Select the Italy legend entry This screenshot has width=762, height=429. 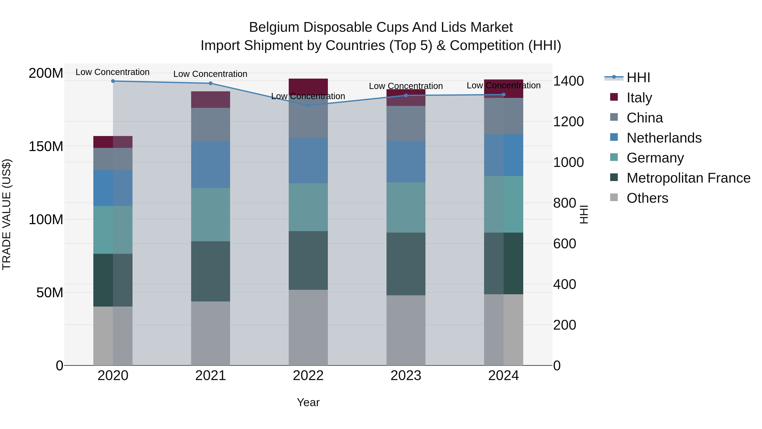(x=639, y=98)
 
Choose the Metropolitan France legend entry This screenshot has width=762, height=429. (x=688, y=178)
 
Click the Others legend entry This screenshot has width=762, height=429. (x=647, y=198)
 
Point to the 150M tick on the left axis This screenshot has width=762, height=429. (x=46, y=146)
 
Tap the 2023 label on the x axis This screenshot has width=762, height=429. (x=406, y=375)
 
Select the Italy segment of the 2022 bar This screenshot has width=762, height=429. (x=308, y=86)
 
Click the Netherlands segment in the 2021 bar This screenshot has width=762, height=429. (x=210, y=165)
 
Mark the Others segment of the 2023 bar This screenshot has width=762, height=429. (x=406, y=330)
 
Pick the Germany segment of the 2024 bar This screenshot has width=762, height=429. (x=504, y=204)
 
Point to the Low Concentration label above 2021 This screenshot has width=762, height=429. (x=210, y=74)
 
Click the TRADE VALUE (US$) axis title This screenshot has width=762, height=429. (x=7, y=214)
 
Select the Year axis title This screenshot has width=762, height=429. (x=308, y=402)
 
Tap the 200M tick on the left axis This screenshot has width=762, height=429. (x=46, y=73)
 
